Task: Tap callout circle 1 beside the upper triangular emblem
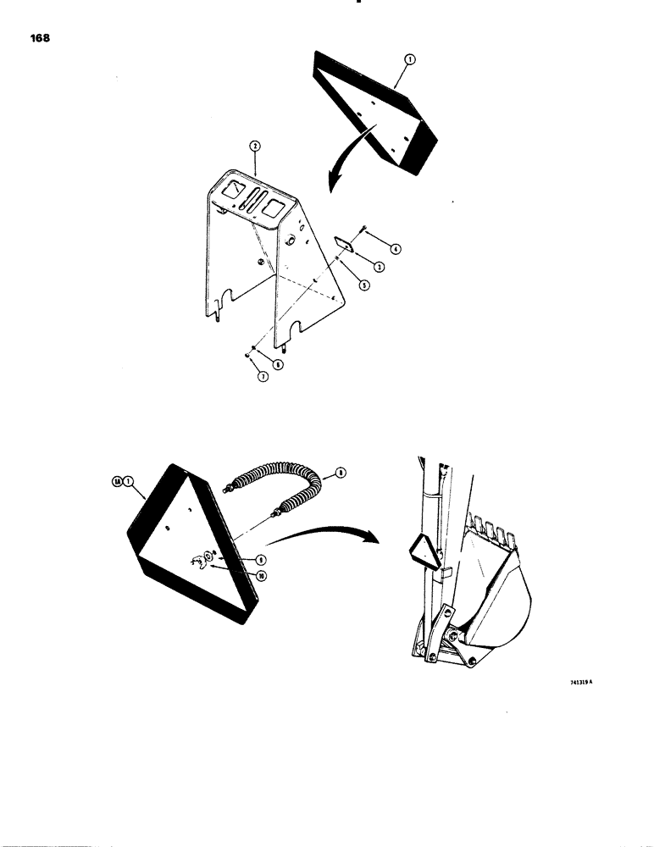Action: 408,58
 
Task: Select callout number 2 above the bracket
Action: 254,147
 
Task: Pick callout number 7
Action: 263,377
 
